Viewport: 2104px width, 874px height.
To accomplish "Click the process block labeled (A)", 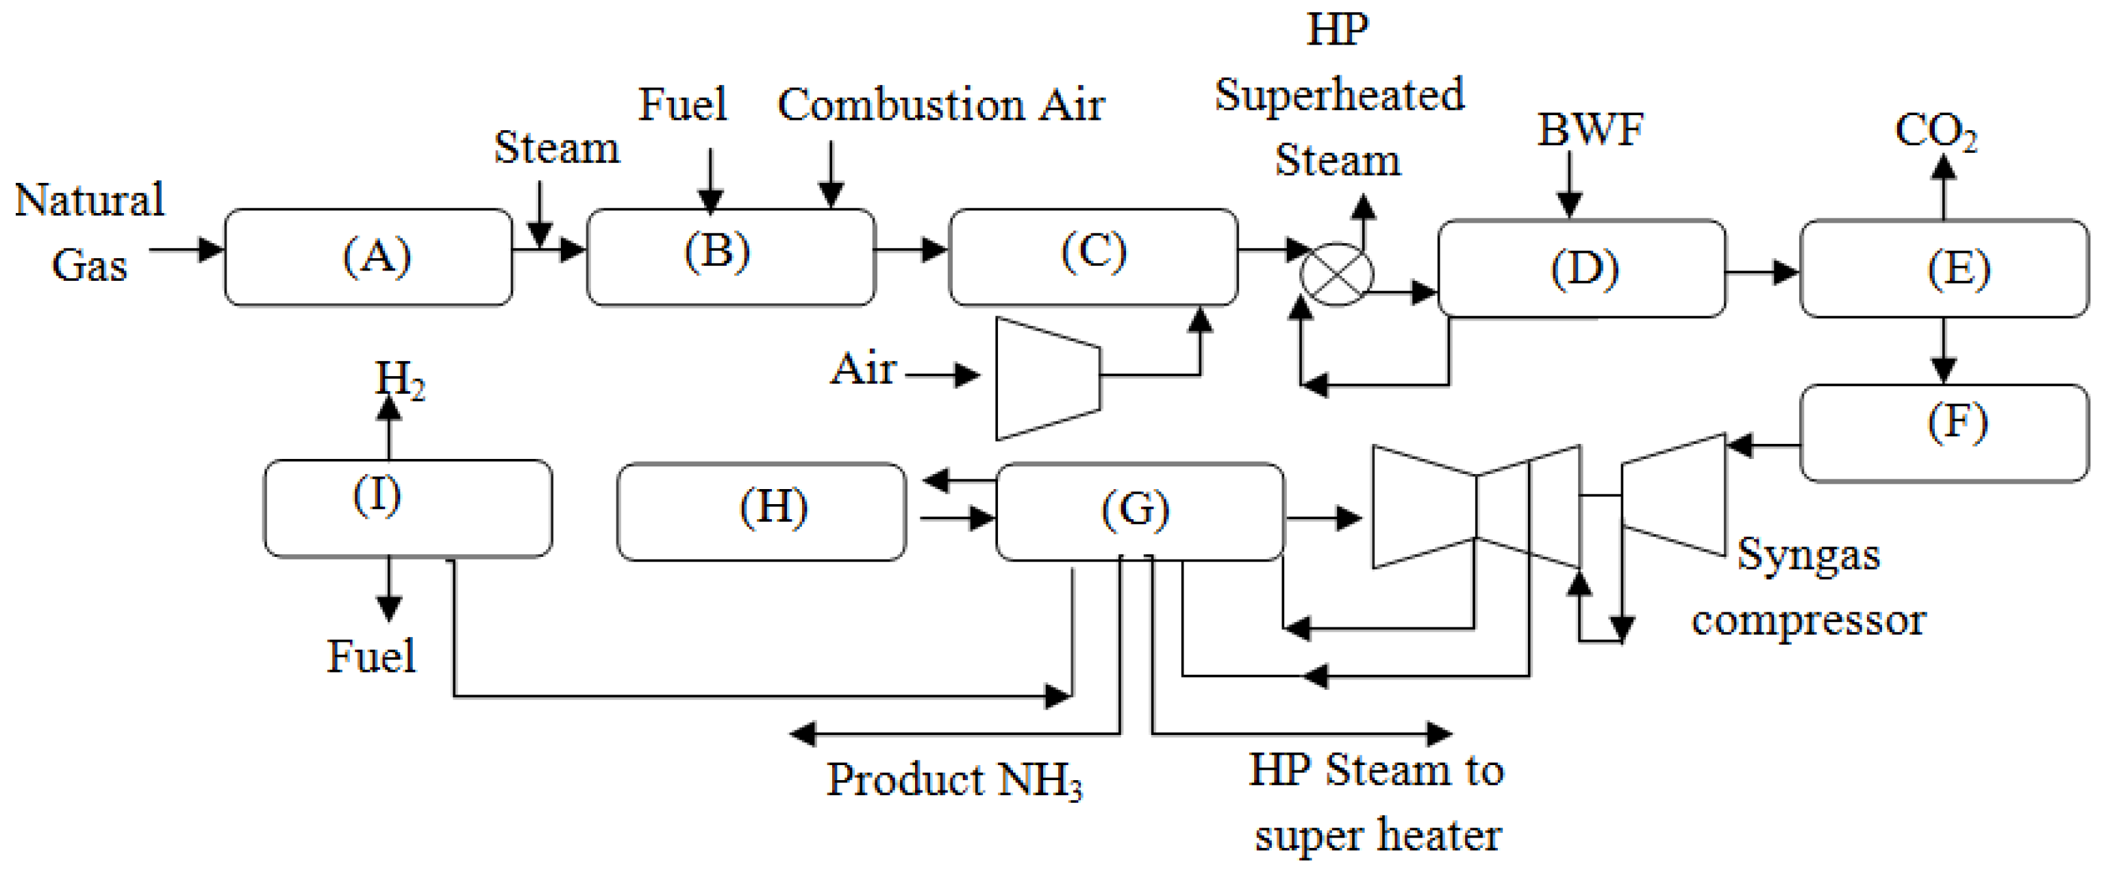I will [368, 258].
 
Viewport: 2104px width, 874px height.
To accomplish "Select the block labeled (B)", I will [730, 258].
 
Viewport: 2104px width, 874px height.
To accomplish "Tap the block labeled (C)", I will [1093, 258].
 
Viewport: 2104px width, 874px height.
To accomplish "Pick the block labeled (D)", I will [1581, 268].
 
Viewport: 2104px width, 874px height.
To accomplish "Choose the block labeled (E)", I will [1944, 268].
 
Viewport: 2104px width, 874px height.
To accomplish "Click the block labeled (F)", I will [1944, 433].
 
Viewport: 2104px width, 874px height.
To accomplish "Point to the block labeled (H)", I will [761, 512].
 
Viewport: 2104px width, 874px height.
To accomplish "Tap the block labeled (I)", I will [408, 509].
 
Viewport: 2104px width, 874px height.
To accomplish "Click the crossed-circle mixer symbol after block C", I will [1336, 275].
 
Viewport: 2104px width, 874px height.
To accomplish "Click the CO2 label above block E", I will [1935, 131].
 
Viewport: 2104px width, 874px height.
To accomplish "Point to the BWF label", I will [1590, 129].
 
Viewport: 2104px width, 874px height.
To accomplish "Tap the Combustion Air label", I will [941, 105].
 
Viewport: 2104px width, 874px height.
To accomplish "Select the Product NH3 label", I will [954, 780].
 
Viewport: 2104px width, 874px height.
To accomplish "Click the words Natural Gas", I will [89, 232].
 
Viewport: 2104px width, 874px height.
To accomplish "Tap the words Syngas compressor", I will [1808, 587].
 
